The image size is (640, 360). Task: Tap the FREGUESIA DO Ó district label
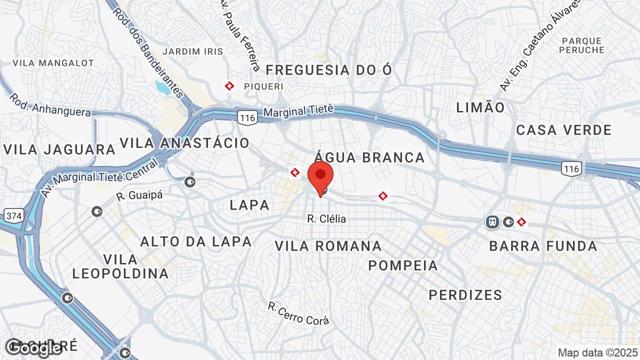tap(329, 70)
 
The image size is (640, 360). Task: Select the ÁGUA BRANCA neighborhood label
tap(370, 157)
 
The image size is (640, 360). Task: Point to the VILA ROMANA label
tap(328, 246)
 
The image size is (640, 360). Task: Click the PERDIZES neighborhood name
tap(465, 295)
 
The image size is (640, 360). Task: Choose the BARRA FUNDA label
tap(543, 246)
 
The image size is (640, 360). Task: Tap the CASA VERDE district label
tap(564, 130)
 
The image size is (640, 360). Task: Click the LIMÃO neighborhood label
tap(480, 107)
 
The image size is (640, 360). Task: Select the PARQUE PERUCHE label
tap(581, 45)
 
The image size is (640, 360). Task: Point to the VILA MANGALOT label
tap(53, 63)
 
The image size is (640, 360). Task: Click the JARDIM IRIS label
tap(193, 51)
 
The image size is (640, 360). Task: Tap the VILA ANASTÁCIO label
tap(184, 143)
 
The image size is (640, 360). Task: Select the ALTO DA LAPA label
tap(196, 241)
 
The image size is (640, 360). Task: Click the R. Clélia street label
tap(326, 219)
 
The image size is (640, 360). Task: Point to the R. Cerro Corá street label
tap(298, 313)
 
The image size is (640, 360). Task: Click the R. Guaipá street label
tap(139, 195)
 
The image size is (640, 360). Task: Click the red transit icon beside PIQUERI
tap(229, 86)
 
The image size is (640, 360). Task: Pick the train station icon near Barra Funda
tap(492, 221)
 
